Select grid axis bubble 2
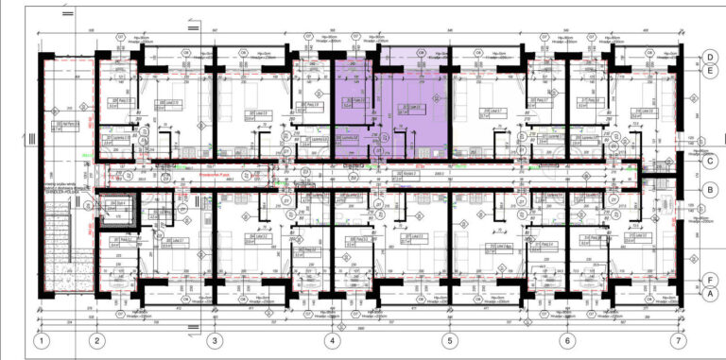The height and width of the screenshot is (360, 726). (x=96, y=341)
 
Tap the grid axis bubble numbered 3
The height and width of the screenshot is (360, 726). (x=215, y=341)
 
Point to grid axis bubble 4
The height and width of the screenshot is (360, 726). (x=332, y=341)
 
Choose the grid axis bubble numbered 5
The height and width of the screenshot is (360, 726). (x=450, y=341)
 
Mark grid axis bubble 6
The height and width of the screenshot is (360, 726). (x=567, y=341)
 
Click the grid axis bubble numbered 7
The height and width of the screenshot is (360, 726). (x=677, y=341)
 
